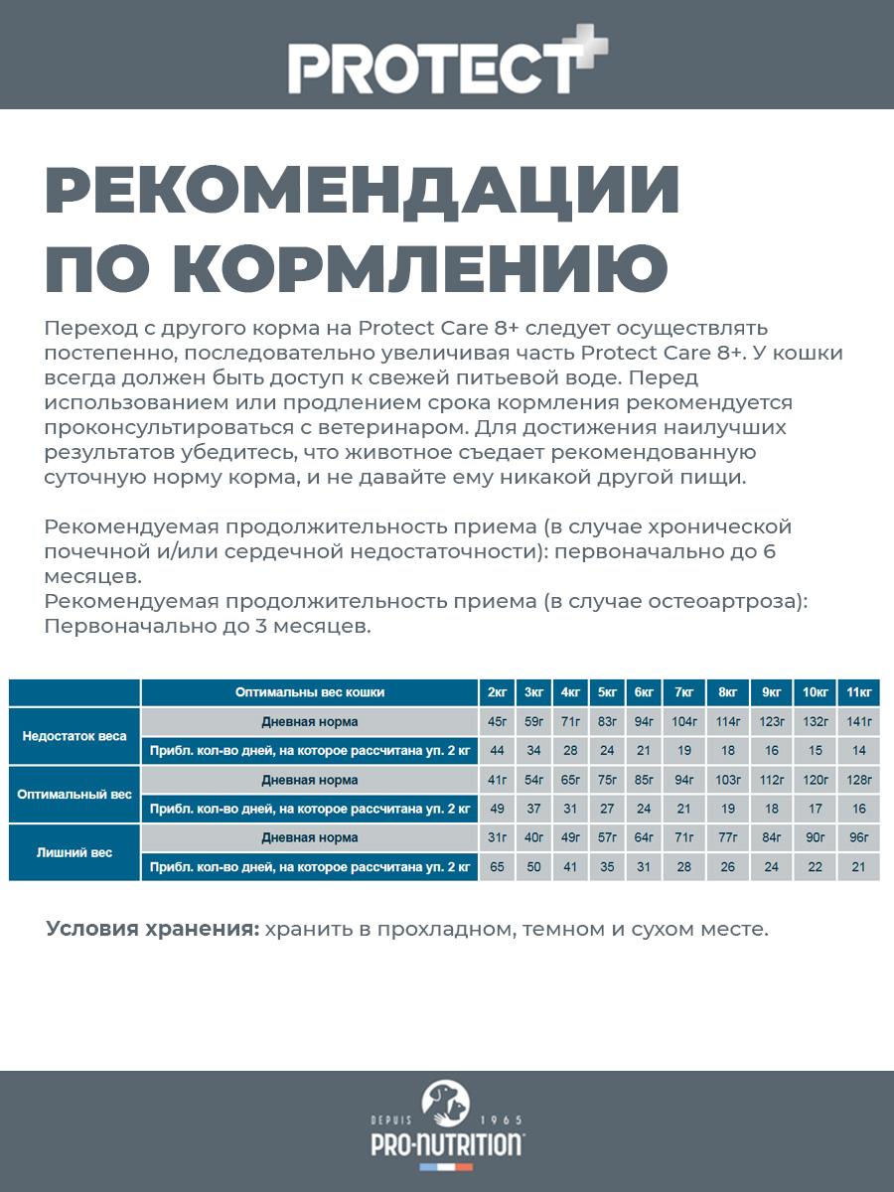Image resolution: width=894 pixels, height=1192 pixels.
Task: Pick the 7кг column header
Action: (683, 692)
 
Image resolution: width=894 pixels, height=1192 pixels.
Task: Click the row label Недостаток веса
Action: (75, 736)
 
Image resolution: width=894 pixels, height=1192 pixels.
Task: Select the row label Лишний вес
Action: (75, 852)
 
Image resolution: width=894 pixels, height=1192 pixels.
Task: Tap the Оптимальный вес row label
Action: (75, 795)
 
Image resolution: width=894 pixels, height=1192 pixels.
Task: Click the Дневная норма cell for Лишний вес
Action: (310, 838)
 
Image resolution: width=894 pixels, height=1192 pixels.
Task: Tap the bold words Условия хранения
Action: (152, 930)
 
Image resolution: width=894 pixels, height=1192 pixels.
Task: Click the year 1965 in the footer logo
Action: (501, 1119)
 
